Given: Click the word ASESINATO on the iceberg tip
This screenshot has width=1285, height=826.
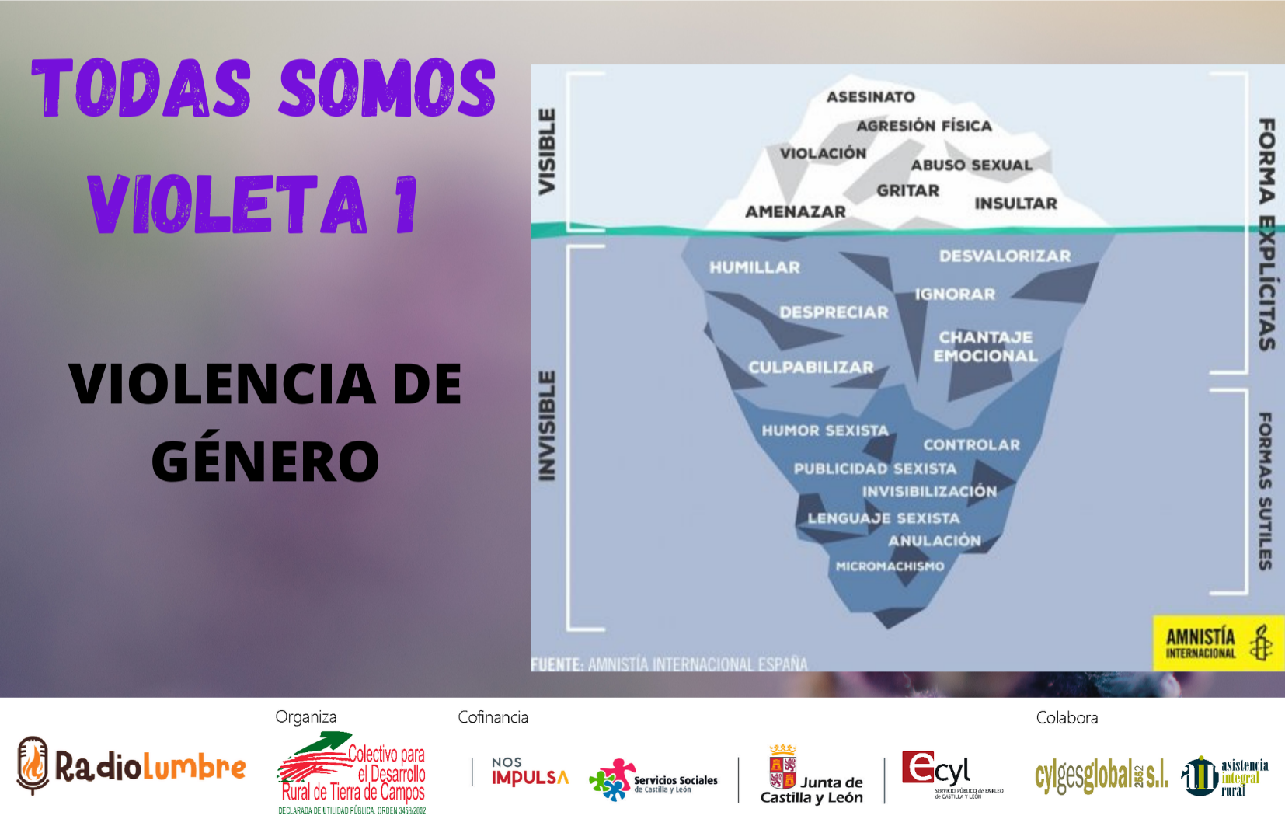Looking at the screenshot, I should (x=870, y=97).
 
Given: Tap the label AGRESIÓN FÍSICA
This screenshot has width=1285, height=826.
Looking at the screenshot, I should (x=924, y=126).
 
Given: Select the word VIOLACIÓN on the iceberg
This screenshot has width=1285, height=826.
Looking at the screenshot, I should (x=823, y=154).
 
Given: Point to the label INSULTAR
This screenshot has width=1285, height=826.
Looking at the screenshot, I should (x=1015, y=204).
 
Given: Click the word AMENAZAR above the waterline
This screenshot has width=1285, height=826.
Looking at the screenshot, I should (x=795, y=211).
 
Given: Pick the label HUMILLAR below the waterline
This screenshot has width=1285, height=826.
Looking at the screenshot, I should (x=754, y=267).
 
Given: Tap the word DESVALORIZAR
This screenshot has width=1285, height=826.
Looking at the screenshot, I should (x=1005, y=256).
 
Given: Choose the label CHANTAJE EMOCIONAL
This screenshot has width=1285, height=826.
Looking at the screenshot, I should (x=985, y=347).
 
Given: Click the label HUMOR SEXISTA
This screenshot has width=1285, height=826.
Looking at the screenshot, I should (x=824, y=430).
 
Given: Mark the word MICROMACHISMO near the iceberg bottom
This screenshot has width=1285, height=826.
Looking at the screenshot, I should (x=890, y=566).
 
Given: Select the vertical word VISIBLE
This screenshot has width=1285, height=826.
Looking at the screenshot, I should (x=548, y=152).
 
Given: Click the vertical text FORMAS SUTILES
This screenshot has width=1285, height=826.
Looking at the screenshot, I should (x=1266, y=491).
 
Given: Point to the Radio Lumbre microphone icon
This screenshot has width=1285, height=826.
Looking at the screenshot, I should (x=33, y=765).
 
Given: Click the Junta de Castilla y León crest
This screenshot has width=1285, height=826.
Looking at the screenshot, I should (x=782, y=767).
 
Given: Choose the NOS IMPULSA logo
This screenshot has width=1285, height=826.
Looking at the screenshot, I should (x=529, y=772).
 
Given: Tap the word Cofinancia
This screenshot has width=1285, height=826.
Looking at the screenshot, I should (x=493, y=717).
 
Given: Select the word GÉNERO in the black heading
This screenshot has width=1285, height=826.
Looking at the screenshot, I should (x=265, y=461).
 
